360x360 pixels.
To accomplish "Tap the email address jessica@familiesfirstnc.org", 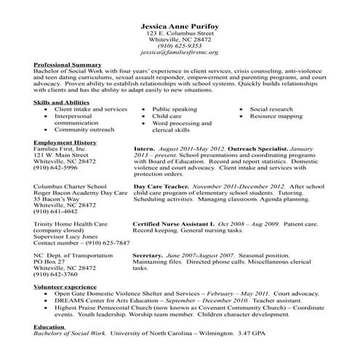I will (x=180, y=53).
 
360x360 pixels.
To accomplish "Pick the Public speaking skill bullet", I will (x=175, y=109).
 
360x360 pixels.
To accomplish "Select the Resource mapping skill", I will (x=275, y=116).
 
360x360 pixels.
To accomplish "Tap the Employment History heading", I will (x=65, y=143).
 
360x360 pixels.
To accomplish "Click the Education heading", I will (x=49, y=327).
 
